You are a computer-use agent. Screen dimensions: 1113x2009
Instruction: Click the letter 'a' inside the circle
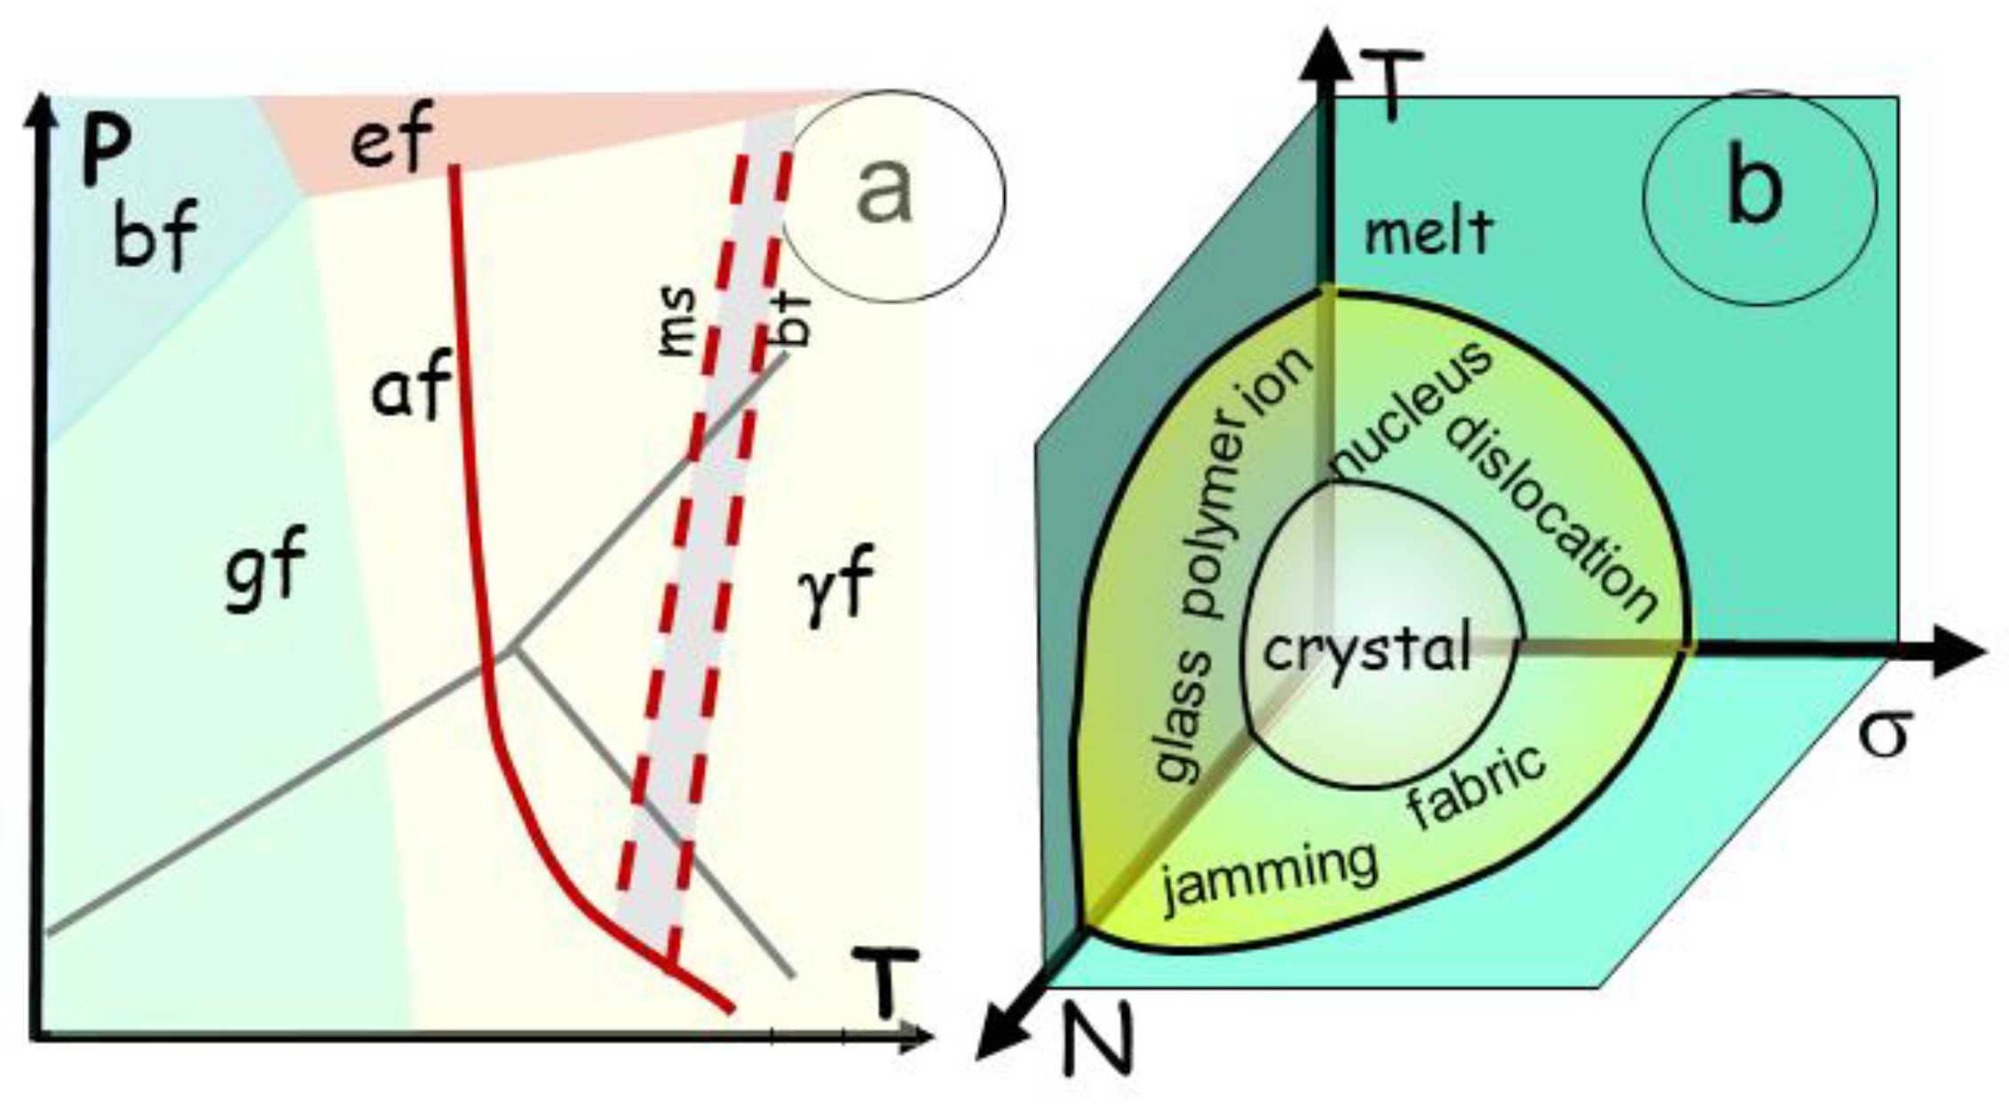point(884,192)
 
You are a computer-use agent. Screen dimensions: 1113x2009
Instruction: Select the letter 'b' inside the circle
point(1754,189)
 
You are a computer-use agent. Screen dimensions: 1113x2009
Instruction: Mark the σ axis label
point(1883,734)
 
